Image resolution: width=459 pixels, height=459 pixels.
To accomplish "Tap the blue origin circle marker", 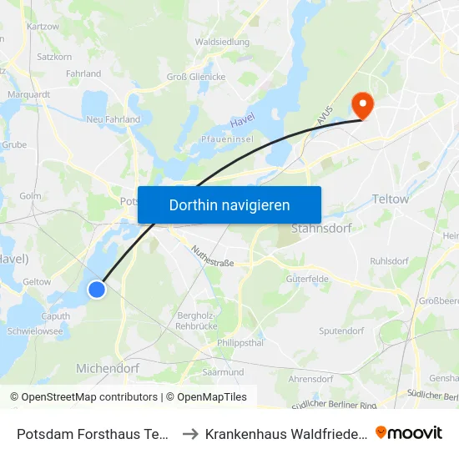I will tap(97, 289).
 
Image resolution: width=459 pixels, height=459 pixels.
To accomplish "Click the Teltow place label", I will tap(391, 199).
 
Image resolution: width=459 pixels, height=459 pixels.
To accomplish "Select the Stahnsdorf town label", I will tap(320, 228).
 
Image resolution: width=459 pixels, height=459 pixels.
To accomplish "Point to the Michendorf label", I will tap(107, 368).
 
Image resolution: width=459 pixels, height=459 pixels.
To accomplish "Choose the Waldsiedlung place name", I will tap(221, 41).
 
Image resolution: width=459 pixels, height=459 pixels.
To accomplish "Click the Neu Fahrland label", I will tap(113, 120).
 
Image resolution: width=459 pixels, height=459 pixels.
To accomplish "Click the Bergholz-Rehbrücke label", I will tap(198, 320).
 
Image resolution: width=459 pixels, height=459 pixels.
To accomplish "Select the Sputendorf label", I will tap(341, 331).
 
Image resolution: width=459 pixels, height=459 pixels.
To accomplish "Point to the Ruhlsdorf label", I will tap(389, 260).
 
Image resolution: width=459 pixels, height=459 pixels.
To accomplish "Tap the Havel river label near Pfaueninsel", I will tap(242, 121).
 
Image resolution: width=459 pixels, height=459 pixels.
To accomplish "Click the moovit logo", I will tap(409, 433).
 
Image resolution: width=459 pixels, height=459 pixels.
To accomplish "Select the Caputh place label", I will tap(55, 316).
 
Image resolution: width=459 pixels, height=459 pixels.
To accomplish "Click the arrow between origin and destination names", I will tap(190, 434).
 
